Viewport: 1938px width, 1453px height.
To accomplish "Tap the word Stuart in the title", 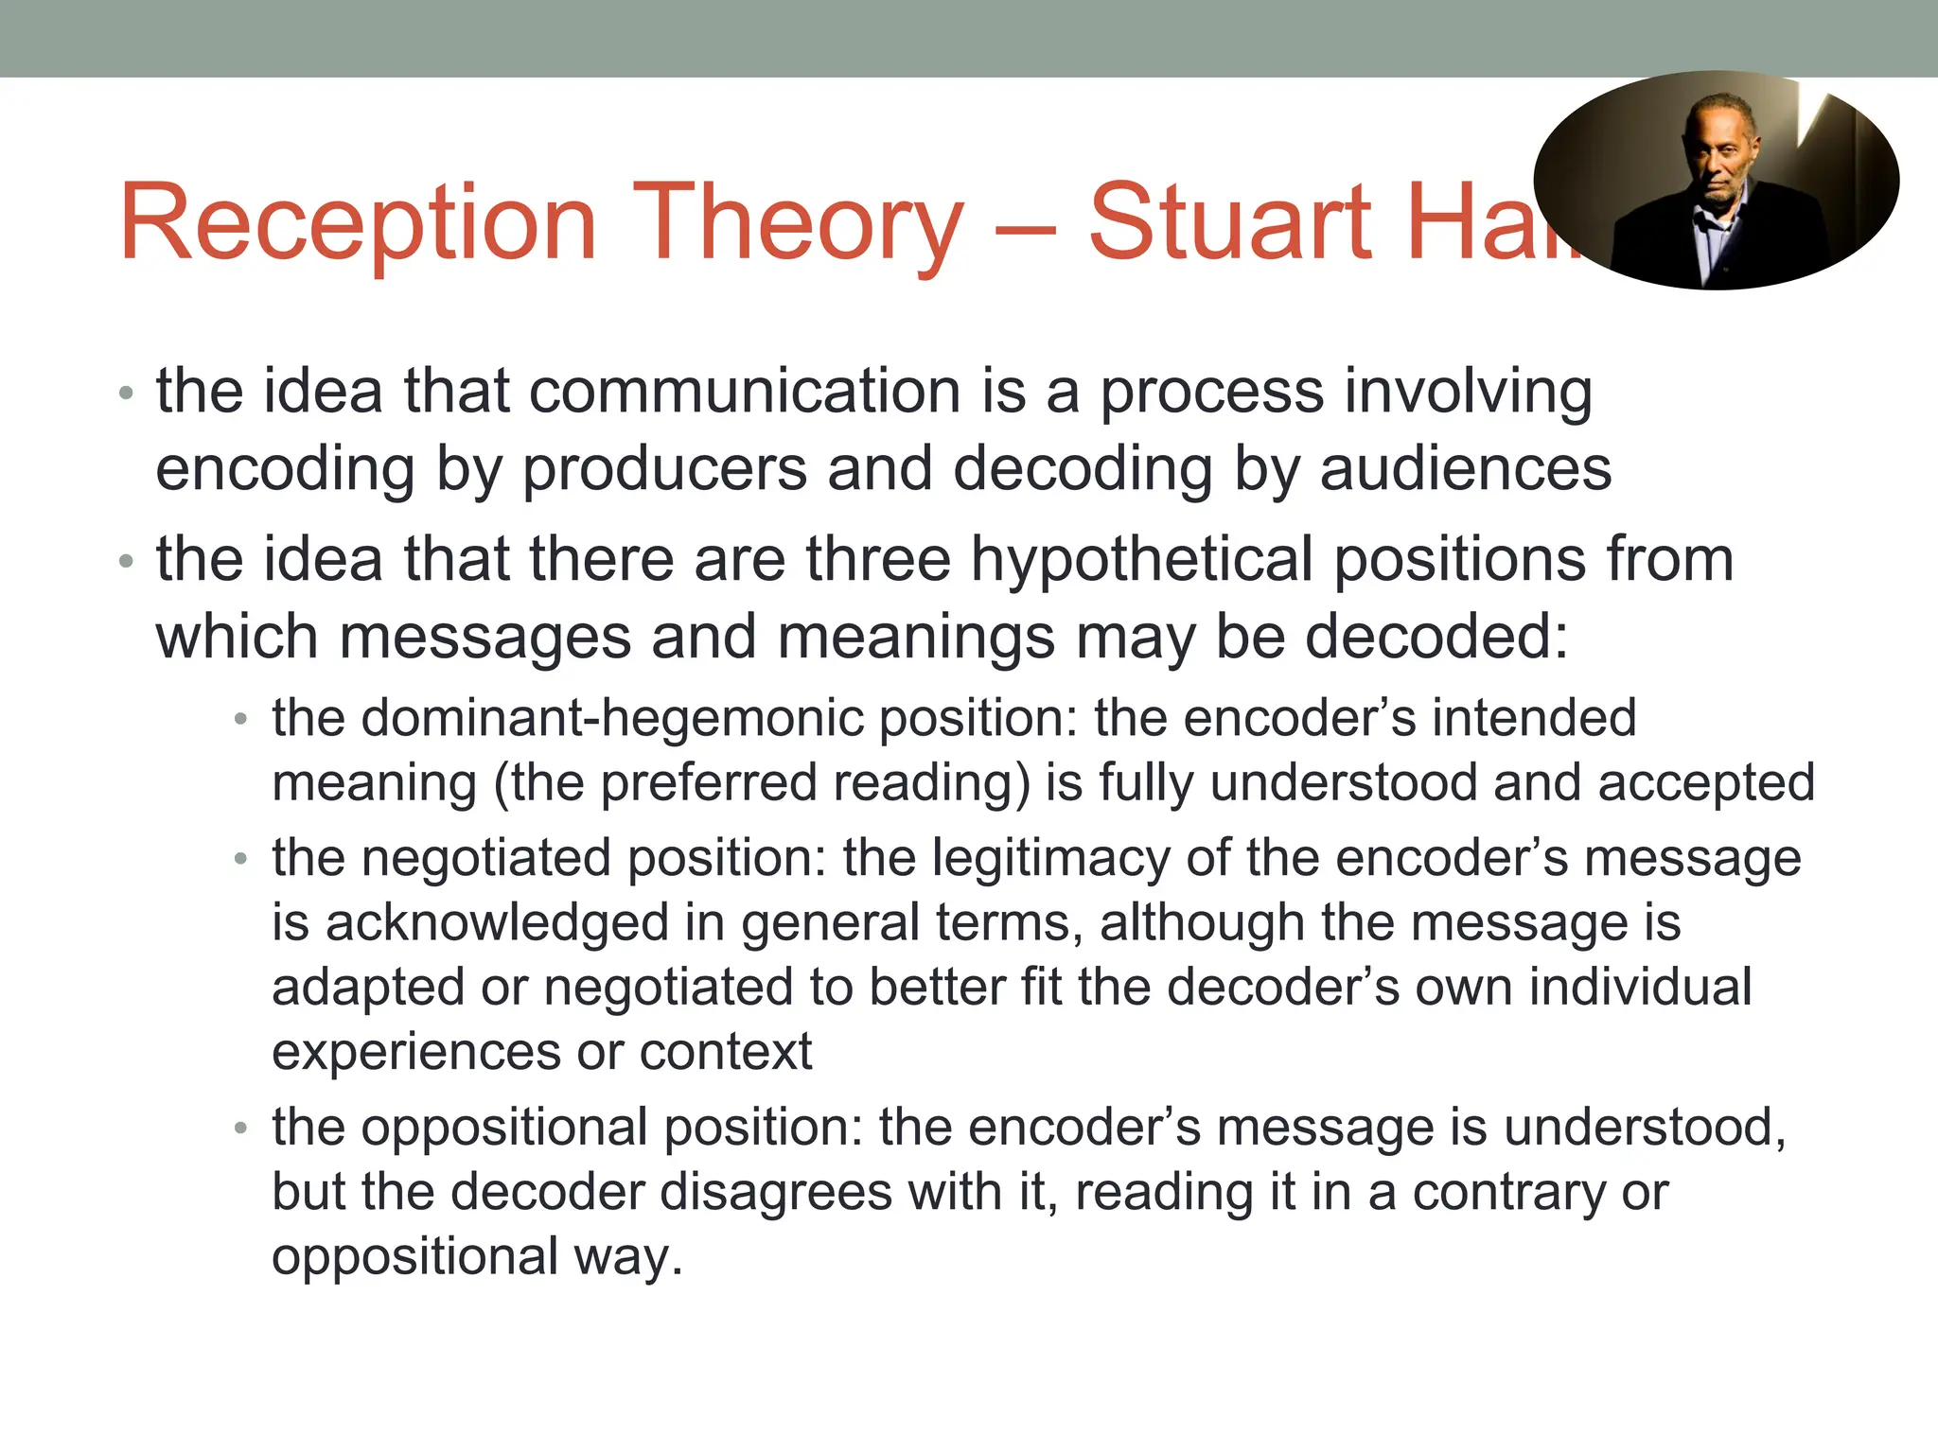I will pos(1230,223).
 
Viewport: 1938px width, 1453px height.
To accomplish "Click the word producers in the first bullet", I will pos(664,469).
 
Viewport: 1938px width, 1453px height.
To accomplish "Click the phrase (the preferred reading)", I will pos(762,783).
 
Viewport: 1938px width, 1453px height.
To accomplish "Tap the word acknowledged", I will pos(497,923).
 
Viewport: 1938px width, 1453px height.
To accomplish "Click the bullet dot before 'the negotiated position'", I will pos(240,859).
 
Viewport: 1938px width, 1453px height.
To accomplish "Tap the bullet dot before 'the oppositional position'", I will pos(240,1128).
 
